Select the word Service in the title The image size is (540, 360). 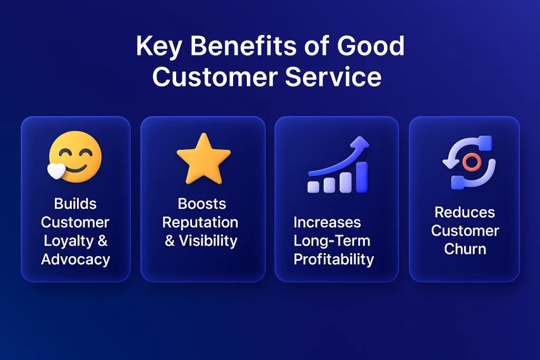[x=333, y=76]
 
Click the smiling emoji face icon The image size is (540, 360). [x=75, y=157]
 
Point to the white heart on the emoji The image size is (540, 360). [x=56, y=171]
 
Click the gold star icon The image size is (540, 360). [x=204, y=159]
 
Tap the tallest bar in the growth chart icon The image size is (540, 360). [x=362, y=177]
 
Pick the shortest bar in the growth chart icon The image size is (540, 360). [x=313, y=186]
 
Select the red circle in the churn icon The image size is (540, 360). [x=471, y=162]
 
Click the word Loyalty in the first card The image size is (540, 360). [x=69, y=241]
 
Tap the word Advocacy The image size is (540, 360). [x=75, y=259]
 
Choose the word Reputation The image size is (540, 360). [x=200, y=223]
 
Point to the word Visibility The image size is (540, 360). [x=208, y=240]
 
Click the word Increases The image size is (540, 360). [x=327, y=222]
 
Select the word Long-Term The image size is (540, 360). [x=332, y=241]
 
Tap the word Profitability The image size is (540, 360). [x=334, y=259]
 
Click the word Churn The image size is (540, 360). [x=465, y=249]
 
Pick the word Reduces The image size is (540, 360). [x=465, y=212]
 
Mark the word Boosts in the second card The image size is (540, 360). [x=202, y=204]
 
